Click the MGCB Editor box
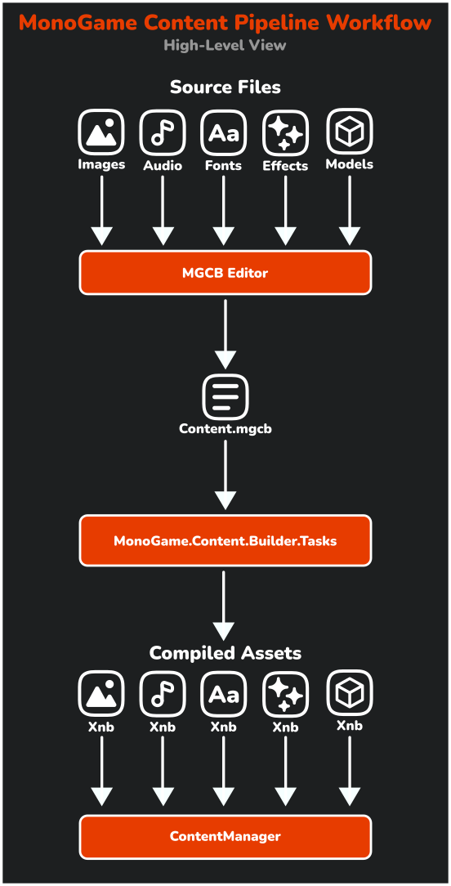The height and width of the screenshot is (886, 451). coord(225,273)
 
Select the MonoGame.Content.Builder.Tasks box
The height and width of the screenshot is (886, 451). coord(225,540)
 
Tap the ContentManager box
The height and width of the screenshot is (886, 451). coord(225,836)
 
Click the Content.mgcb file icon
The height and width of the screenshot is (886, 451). coord(225,396)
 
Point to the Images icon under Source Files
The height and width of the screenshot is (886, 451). coord(101,132)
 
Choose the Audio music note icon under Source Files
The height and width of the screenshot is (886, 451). coord(163,132)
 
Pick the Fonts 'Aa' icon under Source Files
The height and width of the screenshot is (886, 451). coord(224,132)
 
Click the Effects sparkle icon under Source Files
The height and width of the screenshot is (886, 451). coord(285,132)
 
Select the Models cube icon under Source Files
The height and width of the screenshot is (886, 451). coord(349,131)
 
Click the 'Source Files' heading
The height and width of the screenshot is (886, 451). coord(225,87)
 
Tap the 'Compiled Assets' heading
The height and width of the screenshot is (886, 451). coord(225,653)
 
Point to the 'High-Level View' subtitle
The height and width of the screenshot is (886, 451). coord(225,46)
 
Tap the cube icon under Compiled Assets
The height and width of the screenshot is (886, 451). coord(349,692)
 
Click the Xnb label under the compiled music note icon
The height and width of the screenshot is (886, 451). coord(163,727)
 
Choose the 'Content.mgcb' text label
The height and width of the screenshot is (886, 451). coord(225,428)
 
